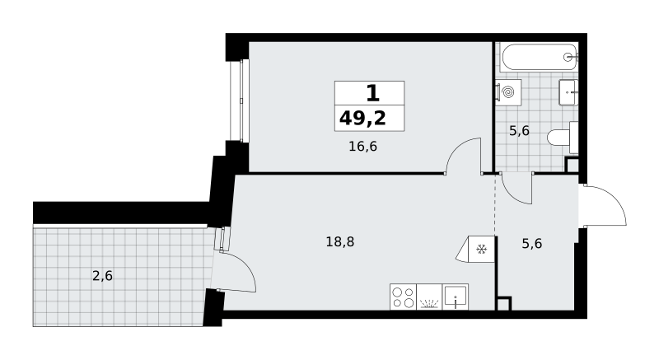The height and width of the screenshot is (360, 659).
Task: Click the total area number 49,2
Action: coord(362,119)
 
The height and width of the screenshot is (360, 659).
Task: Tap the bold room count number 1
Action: coord(373,93)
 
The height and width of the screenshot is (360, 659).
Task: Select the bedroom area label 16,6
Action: coord(362,147)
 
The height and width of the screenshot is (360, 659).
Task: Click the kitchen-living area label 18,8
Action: coord(340,241)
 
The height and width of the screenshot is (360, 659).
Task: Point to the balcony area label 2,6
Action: coord(102,276)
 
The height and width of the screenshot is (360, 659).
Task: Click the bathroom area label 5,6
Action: coord(519,131)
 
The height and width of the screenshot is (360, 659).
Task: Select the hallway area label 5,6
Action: coord(531,243)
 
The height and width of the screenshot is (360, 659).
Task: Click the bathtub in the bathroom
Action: coord(540,57)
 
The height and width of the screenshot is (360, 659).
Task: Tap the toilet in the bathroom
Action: coord(563,138)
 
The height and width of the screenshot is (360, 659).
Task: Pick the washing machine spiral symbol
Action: coord(508,92)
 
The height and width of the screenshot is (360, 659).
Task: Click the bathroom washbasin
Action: coord(568,92)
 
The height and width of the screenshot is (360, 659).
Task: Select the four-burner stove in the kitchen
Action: coord(403,297)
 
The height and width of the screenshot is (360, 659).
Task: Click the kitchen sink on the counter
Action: coord(456,297)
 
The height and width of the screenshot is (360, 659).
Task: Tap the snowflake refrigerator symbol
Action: coord(481,250)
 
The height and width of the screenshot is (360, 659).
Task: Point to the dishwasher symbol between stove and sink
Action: coord(429,297)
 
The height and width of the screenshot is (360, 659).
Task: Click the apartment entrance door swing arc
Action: coord(615,199)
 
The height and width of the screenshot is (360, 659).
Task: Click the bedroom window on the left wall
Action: coord(240,101)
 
